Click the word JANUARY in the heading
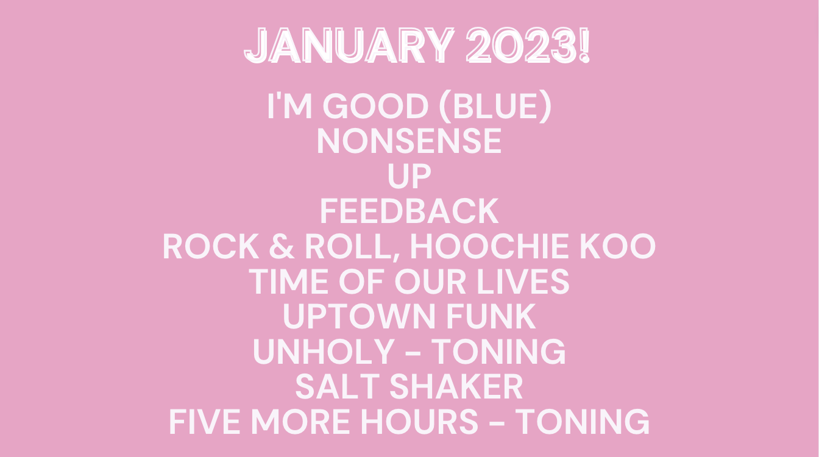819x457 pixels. tap(350, 46)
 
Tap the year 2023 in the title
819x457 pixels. tap(520, 46)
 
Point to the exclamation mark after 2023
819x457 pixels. tap(584, 46)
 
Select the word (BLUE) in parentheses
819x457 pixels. tap(495, 107)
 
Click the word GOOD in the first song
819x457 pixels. tap(375, 106)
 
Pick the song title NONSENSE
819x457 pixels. tap(409, 141)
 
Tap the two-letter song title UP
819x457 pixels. tap(409, 176)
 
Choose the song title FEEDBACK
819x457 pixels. tap(409, 211)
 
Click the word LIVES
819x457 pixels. tap(523, 282)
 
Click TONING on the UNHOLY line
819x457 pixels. tap(498, 352)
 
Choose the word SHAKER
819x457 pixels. tap(456, 387)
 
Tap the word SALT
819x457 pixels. tap(338, 387)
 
